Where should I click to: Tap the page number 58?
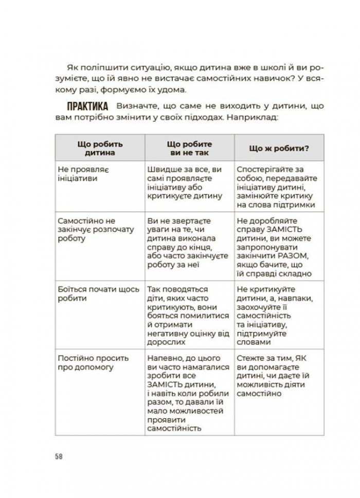59,456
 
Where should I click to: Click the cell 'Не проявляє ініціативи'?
88,174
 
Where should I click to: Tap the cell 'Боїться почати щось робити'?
96,293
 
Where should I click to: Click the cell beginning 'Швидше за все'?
185,182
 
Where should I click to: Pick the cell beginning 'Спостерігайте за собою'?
277,187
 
